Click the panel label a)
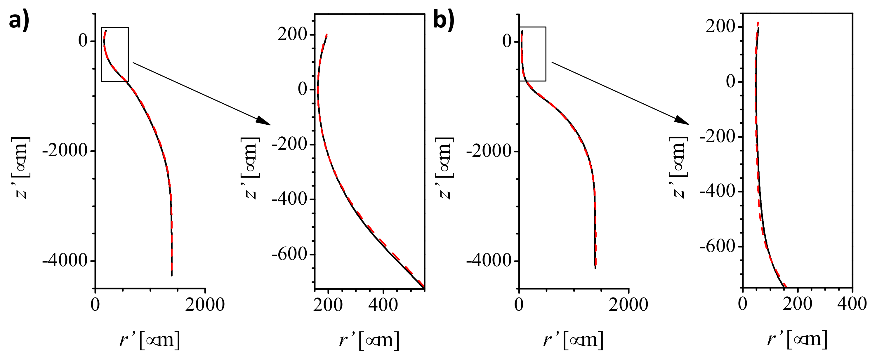(19, 20)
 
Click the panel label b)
(444, 20)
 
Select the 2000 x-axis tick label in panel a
(205, 304)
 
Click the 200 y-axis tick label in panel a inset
(292, 34)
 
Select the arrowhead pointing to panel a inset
(263, 121)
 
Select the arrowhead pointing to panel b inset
(682, 121)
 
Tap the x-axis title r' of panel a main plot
(150, 340)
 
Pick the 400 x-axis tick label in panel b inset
(852, 304)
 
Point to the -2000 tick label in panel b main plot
(489, 150)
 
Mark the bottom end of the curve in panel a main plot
(172, 275)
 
